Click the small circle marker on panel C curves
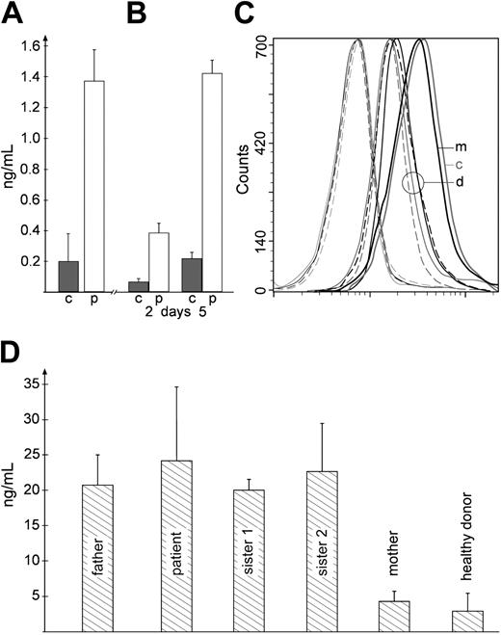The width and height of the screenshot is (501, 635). (412, 181)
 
